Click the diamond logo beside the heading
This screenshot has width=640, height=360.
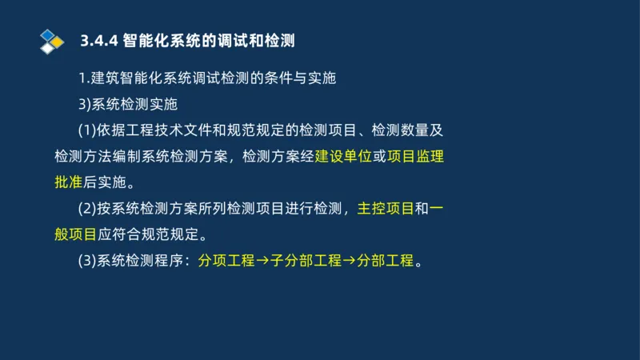point(50,40)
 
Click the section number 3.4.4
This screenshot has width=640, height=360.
point(99,41)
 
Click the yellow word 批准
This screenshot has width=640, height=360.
point(69,182)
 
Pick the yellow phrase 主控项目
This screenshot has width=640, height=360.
point(386,209)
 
